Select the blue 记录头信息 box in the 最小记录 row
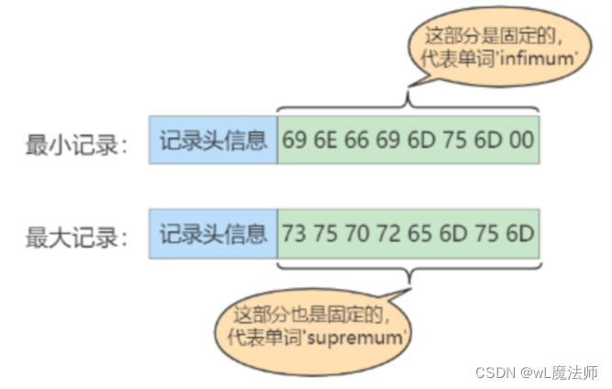pos(213,140)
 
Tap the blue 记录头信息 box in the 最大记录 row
pos(213,232)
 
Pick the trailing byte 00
pos(522,140)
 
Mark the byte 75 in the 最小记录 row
pos(458,140)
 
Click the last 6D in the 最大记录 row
pos(522,232)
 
